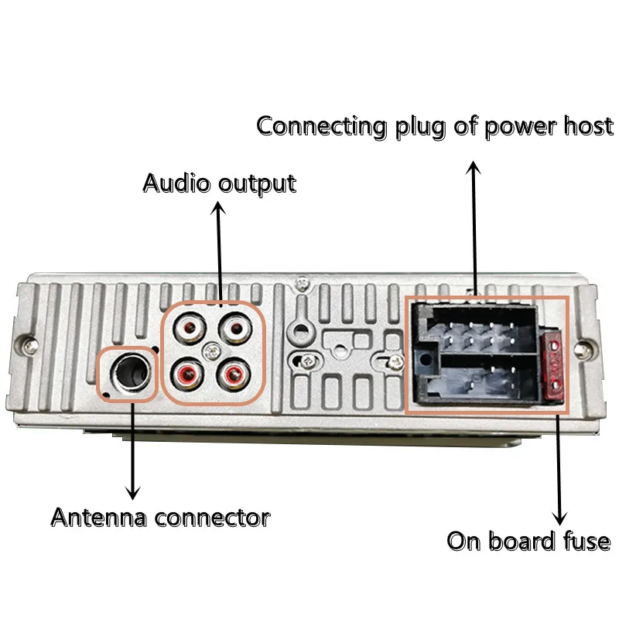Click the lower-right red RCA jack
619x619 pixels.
coord(232,376)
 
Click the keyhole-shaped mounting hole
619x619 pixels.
coord(299,330)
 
